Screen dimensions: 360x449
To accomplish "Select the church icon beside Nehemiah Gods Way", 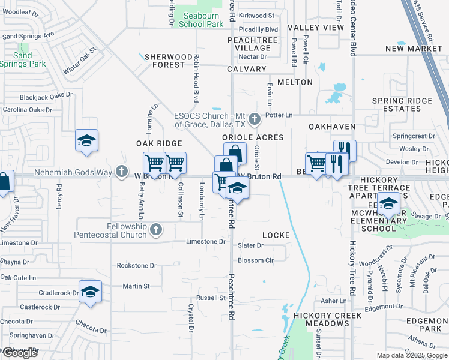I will point(122,172).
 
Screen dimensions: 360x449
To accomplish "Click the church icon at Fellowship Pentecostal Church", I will point(156,229).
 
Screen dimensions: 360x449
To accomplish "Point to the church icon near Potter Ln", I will point(255,119).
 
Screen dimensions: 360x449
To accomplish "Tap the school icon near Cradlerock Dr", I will point(90,292).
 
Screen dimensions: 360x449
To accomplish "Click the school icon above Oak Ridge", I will point(87,141).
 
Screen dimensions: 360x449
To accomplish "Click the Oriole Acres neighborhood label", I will point(252,137).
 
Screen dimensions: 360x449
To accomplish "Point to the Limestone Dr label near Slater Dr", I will point(205,241).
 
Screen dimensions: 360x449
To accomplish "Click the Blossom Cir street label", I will point(256,260).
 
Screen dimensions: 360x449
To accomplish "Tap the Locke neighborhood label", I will point(276,235).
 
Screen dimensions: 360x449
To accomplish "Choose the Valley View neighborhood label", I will point(315,28).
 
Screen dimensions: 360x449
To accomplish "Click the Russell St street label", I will point(210,298).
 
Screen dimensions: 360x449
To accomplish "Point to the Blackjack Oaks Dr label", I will point(46,95).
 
